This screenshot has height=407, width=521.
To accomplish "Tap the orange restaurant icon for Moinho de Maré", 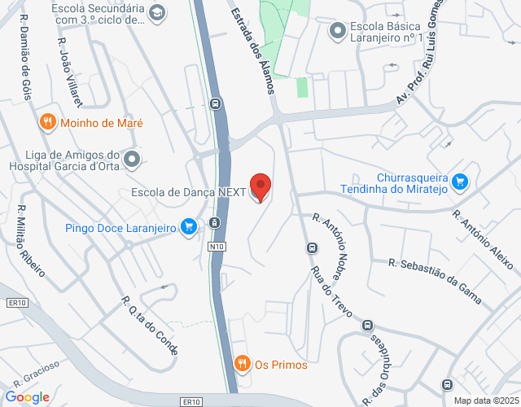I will click(48, 122).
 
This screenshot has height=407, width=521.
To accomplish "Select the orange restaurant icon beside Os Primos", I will click(241, 365).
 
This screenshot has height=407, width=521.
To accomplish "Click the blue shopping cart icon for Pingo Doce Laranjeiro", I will click(189, 225).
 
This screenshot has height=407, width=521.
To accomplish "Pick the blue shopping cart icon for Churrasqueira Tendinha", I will click(460, 182).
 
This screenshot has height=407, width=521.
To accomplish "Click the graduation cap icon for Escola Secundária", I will click(157, 11).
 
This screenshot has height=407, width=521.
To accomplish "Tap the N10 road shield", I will click(216, 246).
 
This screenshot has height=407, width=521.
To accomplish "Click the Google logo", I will click(27, 397).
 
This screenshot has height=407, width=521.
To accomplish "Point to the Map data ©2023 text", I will click(485, 400).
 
